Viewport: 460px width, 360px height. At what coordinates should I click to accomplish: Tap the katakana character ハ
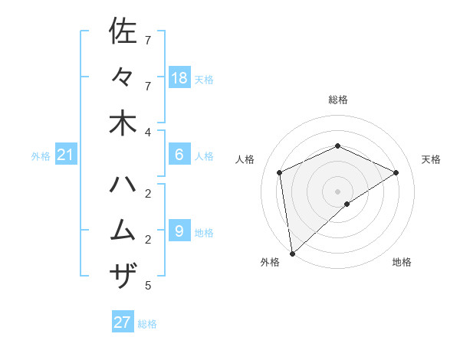[123, 184]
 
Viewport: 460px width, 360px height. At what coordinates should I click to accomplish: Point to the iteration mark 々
[123, 77]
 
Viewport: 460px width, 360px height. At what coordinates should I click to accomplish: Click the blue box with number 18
[179, 78]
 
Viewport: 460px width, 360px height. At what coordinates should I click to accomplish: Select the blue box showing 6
[179, 155]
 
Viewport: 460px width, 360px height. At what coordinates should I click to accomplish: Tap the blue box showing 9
[179, 231]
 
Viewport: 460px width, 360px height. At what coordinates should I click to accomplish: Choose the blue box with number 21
[66, 155]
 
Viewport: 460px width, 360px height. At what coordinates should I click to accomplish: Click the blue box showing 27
[123, 322]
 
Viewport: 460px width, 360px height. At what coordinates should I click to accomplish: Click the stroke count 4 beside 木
[148, 132]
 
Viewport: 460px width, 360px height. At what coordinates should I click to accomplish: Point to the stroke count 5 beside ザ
[148, 286]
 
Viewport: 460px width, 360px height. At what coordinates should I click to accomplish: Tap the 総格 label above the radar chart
[338, 100]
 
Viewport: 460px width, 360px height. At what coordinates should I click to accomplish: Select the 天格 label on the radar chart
[431, 159]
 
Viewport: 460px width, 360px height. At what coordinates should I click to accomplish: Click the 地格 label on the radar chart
[402, 262]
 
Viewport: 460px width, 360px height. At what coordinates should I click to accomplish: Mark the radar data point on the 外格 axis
[292, 253]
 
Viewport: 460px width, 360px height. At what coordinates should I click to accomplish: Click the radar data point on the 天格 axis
[396, 172]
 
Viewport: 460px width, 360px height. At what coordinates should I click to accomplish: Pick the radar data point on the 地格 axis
[347, 204]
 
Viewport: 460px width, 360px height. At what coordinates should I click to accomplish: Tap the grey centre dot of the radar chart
[338, 191]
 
